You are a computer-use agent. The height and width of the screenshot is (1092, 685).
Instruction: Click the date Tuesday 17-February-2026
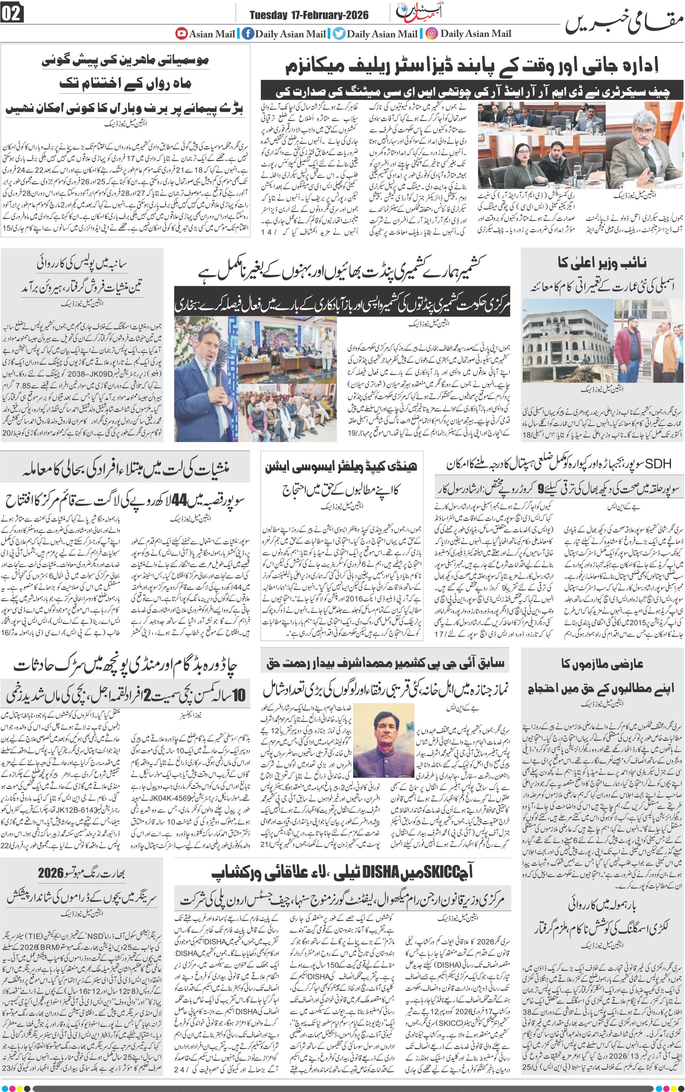[x=309, y=15]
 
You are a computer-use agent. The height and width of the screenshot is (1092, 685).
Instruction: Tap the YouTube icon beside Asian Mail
[x=182, y=34]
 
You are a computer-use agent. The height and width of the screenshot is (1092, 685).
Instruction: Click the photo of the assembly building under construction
[x=567, y=346]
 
